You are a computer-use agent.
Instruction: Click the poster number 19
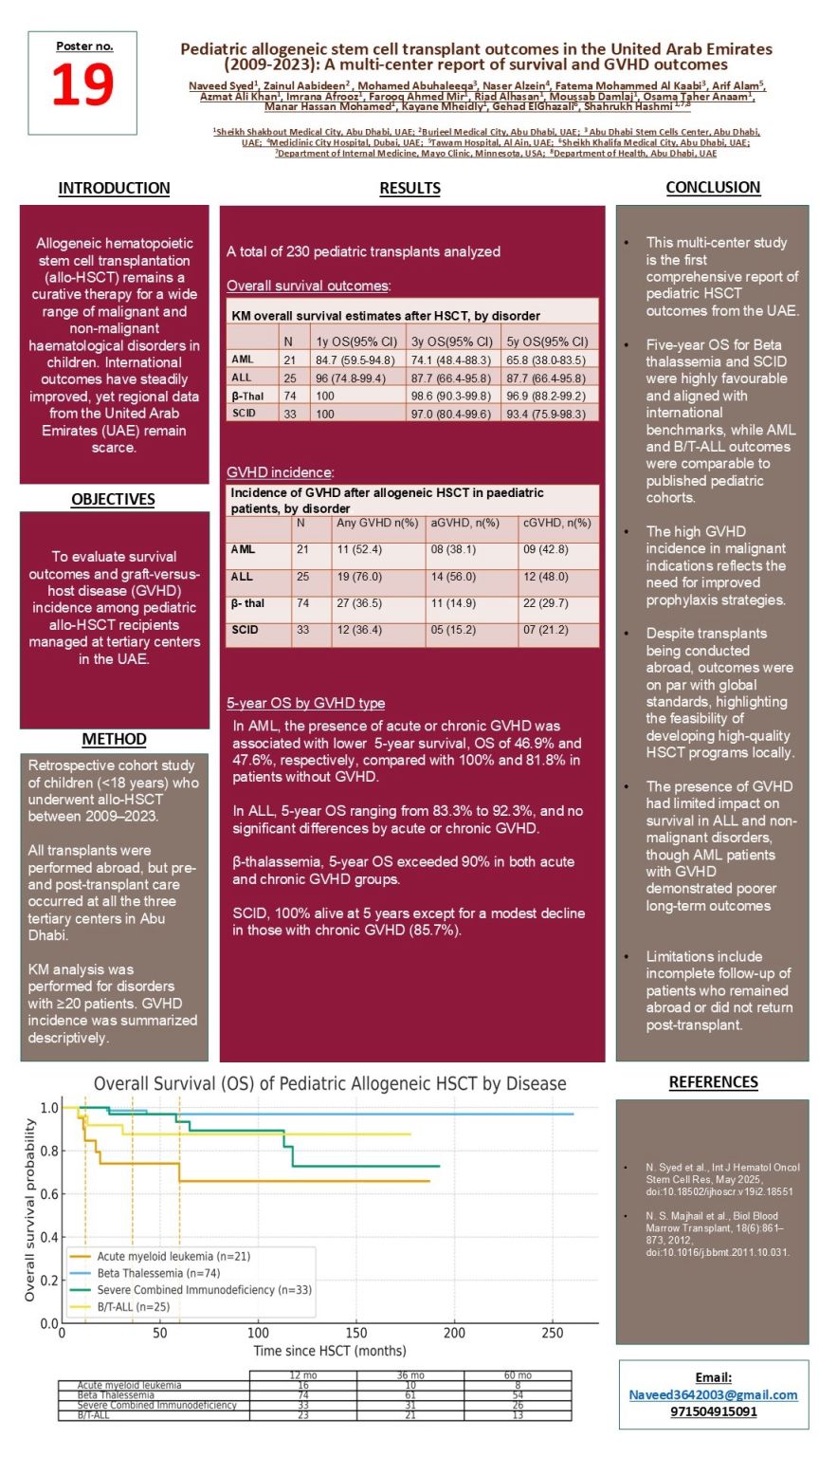82,85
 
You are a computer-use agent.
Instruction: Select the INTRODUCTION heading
114,188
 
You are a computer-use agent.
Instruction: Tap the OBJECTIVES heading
113,499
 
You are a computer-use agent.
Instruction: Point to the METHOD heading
114,739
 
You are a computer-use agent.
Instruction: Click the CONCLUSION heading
713,188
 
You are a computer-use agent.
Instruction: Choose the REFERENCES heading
713,1082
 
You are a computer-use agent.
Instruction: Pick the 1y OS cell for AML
355,360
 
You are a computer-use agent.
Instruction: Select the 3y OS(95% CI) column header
451,341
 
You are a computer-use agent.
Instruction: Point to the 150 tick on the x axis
356,1334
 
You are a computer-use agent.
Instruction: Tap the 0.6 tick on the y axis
48,1194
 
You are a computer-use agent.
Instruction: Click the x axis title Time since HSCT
330,1351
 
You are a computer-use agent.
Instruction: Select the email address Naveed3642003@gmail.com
713,1394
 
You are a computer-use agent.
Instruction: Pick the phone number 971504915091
713,1411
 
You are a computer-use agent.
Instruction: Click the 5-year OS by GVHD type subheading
305,703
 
